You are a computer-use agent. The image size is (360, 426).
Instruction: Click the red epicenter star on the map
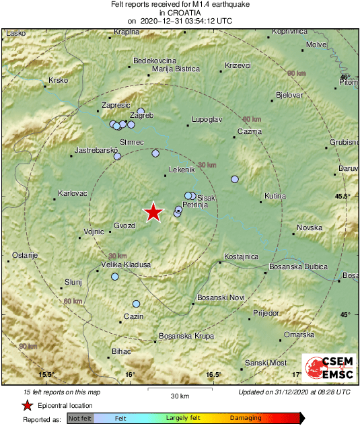154,212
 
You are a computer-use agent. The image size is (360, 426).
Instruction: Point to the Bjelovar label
289,96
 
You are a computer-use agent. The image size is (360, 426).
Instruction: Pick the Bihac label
121,352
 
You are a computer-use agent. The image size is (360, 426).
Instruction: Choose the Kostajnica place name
242,257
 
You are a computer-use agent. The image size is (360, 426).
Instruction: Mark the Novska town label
310,227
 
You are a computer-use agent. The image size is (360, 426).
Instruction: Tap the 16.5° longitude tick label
213,374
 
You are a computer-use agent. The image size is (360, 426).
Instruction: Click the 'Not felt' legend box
80,419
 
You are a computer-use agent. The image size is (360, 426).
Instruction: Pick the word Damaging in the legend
246,419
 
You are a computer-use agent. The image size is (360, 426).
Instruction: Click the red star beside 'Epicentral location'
27,405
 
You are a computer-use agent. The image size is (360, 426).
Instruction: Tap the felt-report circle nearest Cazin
137,304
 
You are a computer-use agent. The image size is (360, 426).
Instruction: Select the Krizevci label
238,65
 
